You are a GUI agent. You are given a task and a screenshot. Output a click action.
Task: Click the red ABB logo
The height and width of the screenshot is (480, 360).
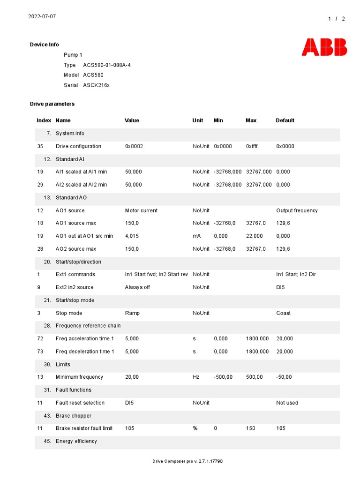point(324,47)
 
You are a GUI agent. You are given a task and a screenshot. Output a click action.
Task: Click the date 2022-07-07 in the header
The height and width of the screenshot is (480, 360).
point(42,16)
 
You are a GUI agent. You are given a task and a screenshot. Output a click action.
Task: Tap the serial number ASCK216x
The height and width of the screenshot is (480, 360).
point(96,85)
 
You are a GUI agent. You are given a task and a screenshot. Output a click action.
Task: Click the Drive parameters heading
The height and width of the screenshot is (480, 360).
point(52,104)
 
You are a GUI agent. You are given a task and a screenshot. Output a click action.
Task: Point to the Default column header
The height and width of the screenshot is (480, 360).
point(285,120)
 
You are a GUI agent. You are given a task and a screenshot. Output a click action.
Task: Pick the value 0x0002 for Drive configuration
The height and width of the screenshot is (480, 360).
point(134,146)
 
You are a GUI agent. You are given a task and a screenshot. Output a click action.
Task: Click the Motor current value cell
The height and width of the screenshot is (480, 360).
point(141,210)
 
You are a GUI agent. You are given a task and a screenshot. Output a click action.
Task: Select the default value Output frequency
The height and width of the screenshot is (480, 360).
point(297,210)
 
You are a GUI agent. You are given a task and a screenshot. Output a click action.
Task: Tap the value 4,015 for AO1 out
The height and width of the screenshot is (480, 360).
point(132,236)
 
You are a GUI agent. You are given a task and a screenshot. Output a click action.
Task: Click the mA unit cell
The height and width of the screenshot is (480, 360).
point(196,236)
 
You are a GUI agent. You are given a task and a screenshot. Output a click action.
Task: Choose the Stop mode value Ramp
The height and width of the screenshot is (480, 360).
point(132,313)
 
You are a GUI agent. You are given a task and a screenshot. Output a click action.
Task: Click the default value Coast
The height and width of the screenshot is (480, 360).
point(283,313)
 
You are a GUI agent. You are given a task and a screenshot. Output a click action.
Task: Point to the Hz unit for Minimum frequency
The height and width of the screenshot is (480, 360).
point(196,377)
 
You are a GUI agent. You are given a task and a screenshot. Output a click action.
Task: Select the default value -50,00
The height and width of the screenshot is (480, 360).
point(284,377)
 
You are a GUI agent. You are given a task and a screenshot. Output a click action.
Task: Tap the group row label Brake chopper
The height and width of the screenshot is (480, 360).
point(74,416)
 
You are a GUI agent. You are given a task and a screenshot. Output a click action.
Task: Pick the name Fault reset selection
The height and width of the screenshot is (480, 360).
point(80,403)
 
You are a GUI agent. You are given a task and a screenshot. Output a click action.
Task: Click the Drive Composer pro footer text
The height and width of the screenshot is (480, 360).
point(187,461)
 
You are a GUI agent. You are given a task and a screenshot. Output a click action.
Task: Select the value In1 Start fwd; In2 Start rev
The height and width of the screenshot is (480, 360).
point(157,275)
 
